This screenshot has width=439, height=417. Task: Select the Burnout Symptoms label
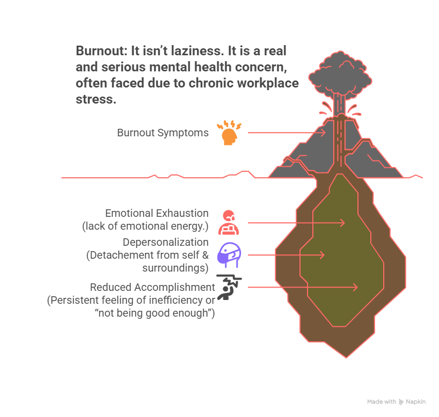(163, 133)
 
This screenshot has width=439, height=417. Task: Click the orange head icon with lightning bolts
(229, 134)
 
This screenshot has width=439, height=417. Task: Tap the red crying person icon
(229, 222)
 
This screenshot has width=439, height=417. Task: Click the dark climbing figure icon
(229, 286)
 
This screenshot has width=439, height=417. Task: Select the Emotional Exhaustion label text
(157, 213)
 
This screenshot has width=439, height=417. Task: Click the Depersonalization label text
(165, 242)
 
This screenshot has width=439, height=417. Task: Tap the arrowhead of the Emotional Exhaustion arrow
(342, 222)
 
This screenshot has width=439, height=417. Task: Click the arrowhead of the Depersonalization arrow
(322, 255)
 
